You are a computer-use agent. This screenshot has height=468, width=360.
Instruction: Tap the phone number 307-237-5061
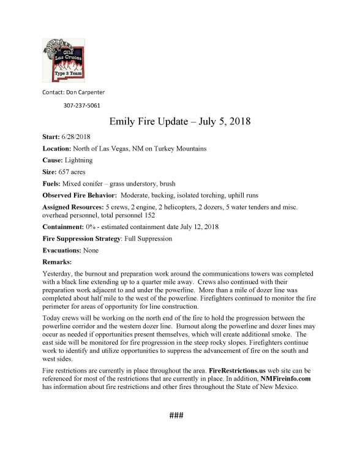[x=82, y=105]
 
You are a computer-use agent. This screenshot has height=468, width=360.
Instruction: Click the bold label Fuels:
[x=53, y=184]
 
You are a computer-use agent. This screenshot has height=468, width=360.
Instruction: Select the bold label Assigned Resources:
[x=75, y=208]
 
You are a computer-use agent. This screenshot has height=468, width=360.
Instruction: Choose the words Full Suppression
[x=152, y=239]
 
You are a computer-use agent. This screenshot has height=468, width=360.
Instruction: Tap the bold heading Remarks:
[x=57, y=262]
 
